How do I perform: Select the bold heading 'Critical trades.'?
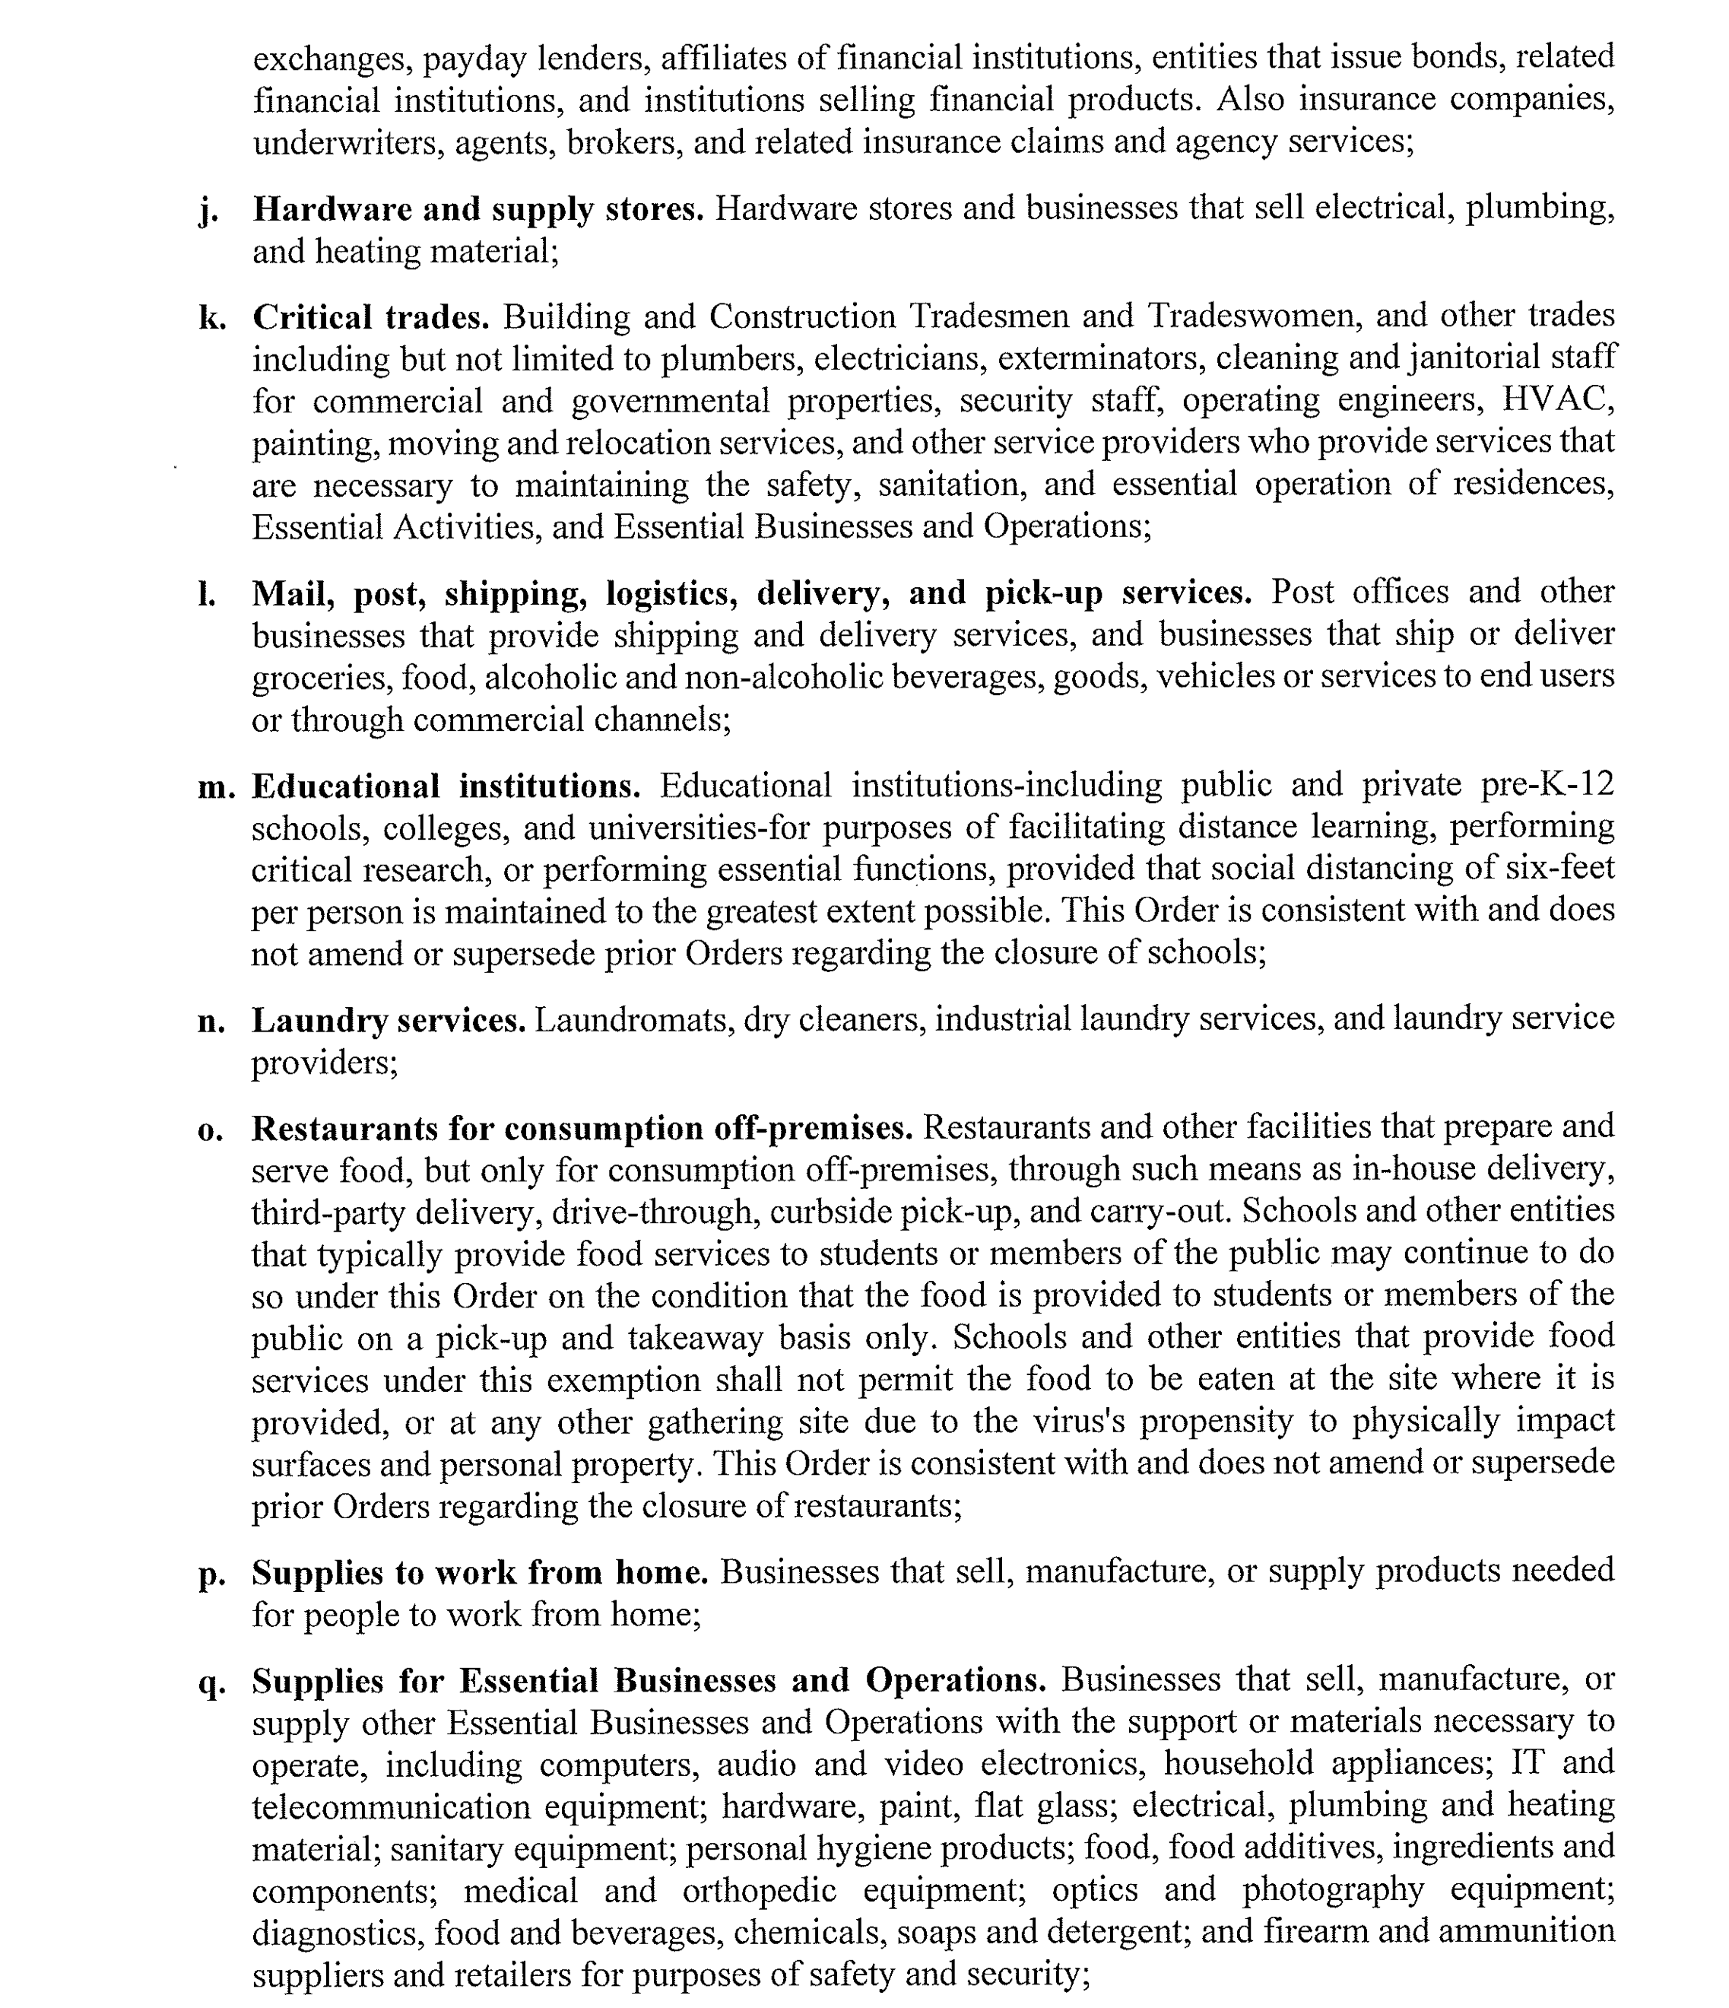(371, 318)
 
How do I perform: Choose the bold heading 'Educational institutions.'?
(446, 786)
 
